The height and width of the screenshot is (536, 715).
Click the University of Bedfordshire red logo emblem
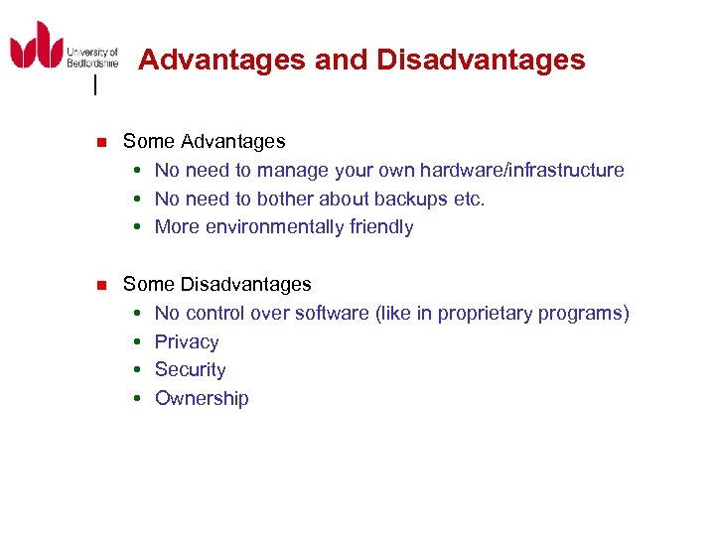point(36,46)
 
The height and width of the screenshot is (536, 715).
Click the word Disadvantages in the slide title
point(481,61)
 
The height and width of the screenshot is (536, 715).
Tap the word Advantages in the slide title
point(221,61)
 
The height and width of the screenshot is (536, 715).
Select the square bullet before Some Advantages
point(99,143)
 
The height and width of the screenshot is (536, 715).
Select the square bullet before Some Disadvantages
point(99,286)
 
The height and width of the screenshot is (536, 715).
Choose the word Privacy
point(187,342)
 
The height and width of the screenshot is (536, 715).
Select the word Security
point(190,370)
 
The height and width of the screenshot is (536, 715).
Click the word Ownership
point(202,399)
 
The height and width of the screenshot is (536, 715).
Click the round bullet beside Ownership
point(139,399)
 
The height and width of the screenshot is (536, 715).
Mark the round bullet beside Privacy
point(139,342)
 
